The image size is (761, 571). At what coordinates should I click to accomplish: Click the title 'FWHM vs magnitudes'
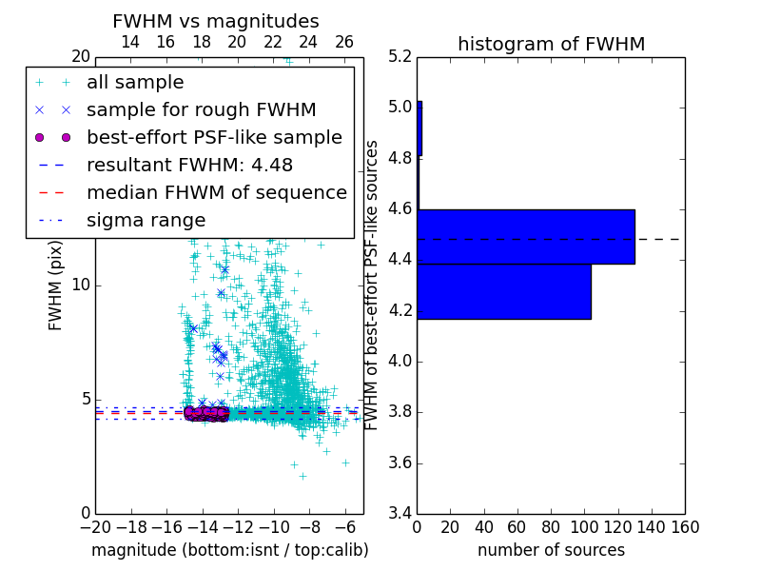pyautogui.click(x=216, y=22)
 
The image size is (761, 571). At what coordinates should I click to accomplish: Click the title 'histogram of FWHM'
pyautogui.click(x=551, y=45)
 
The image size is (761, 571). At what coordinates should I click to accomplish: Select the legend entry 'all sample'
pyautogui.click(x=135, y=83)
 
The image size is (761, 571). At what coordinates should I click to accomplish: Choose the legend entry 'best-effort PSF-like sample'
pyautogui.click(x=214, y=138)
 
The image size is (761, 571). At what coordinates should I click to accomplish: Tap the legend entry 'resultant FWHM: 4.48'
pyautogui.click(x=189, y=166)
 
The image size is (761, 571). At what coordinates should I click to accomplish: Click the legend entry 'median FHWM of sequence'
pyautogui.click(x=216, y=193)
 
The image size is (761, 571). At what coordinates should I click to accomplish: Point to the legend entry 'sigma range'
pyautogui.click(x=146, y=221)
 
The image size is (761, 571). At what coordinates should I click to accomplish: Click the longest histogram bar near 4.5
pyautogui.click(x=526, y=237)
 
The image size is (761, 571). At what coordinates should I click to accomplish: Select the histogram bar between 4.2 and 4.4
pyautogui.click(x=504, y=291)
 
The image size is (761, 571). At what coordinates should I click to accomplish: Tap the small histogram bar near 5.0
pyautogui.click(x=420, y=128)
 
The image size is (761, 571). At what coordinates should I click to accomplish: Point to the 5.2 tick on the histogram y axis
pyautogui.click(x=400, y=56)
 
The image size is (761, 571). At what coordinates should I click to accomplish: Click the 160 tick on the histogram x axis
pyautogui.click(x=685, y=527)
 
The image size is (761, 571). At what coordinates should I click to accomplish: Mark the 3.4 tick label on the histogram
pyautogui.click(x=400, y=514)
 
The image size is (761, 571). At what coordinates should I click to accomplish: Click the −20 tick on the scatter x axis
pyautogui.click(x=95, y=527)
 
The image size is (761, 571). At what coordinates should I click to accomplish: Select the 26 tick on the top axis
pyautogui.click(x=344, y=42)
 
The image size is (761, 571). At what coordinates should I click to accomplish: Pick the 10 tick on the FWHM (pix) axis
pyautogui.click(x=82, y=285)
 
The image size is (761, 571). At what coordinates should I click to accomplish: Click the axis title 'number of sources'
pyautogui.click(x=551, y=550)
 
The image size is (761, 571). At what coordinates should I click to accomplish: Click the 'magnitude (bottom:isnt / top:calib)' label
pyautogui.click(x=229, y=550)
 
